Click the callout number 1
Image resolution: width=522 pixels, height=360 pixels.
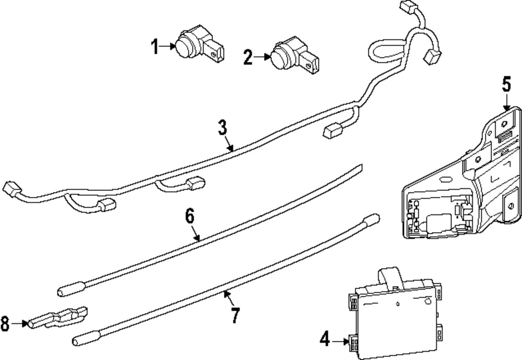155,46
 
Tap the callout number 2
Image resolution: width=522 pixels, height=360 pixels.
248,56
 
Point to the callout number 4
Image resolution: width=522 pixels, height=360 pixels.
325,341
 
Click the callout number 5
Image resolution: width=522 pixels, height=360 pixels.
506,85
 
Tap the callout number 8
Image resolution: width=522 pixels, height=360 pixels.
6,325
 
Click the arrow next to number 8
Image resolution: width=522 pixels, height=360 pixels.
19,324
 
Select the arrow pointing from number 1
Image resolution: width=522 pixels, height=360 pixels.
169,46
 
